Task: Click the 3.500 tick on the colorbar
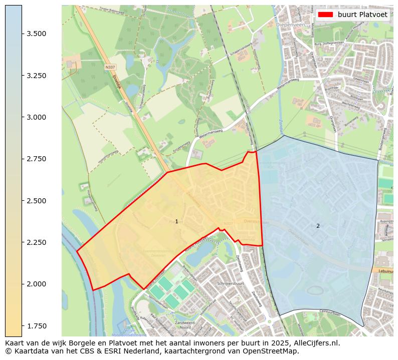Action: (22, 34)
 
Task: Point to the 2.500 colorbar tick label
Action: (37, 201)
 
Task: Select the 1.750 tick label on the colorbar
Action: (37, 326)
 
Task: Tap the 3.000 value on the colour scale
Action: (37, 117)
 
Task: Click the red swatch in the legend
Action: (325, 15)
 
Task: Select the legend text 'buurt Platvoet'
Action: (362, 15)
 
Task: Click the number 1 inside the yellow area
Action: (176, 221)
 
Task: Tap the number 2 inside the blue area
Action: (318, 226)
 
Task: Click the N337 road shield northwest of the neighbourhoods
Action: (110, 67)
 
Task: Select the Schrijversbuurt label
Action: (231, 283)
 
